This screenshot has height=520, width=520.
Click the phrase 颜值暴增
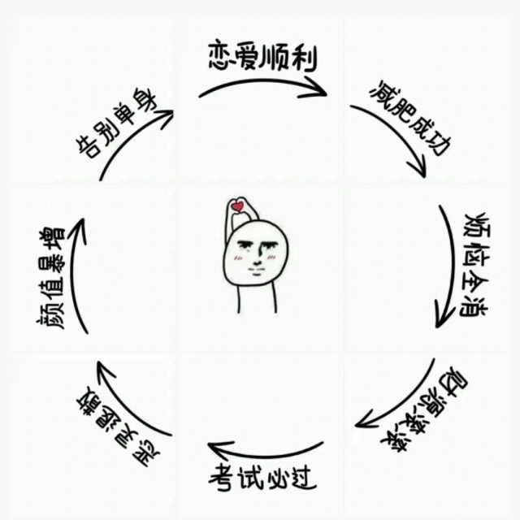click(x=50, y=276)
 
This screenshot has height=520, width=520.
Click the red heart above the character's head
click(x=237, y=207)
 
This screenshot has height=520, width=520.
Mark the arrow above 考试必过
click(x=264, y=449)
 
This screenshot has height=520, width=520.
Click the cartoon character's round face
click(x=256, y=255)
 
